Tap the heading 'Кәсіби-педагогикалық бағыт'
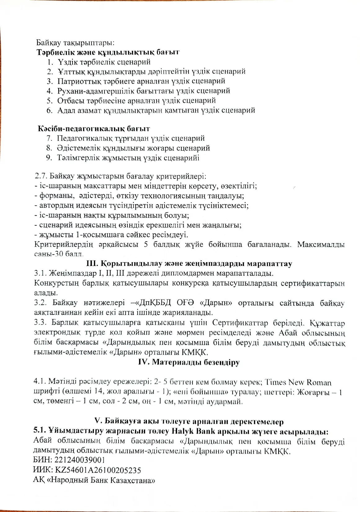[x=94, y=128]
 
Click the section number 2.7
[x=40, y=176]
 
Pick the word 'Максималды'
[x=321, y=244]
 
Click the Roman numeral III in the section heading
[x=91, y=264]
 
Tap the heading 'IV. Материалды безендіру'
[x=189, y=362]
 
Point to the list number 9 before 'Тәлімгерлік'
[x=49, y=158]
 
